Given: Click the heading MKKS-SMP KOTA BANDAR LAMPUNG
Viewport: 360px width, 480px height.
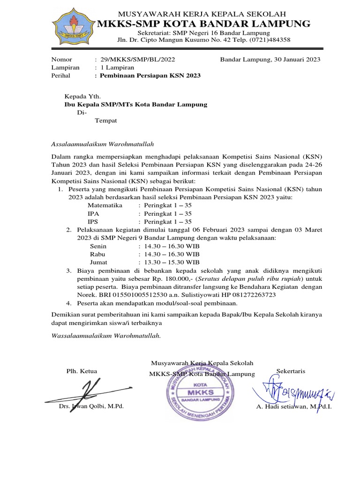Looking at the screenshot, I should [x=203, y=23].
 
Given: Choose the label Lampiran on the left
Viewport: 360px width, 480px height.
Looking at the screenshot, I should [x=65, y=67].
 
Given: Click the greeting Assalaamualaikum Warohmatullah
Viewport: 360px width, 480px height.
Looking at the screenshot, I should [x=102, y=144].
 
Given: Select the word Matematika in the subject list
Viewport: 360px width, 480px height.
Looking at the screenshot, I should [x=105, y=205].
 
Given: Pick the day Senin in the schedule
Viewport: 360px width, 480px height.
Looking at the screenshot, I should [x=98, y=246].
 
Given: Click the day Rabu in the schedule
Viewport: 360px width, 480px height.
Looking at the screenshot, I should [x=98, y=254].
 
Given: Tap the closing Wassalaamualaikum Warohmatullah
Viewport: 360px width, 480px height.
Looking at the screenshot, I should [x=105, y=336].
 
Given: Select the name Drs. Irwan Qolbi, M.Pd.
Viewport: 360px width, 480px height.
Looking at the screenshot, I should [x=91, y=406].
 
